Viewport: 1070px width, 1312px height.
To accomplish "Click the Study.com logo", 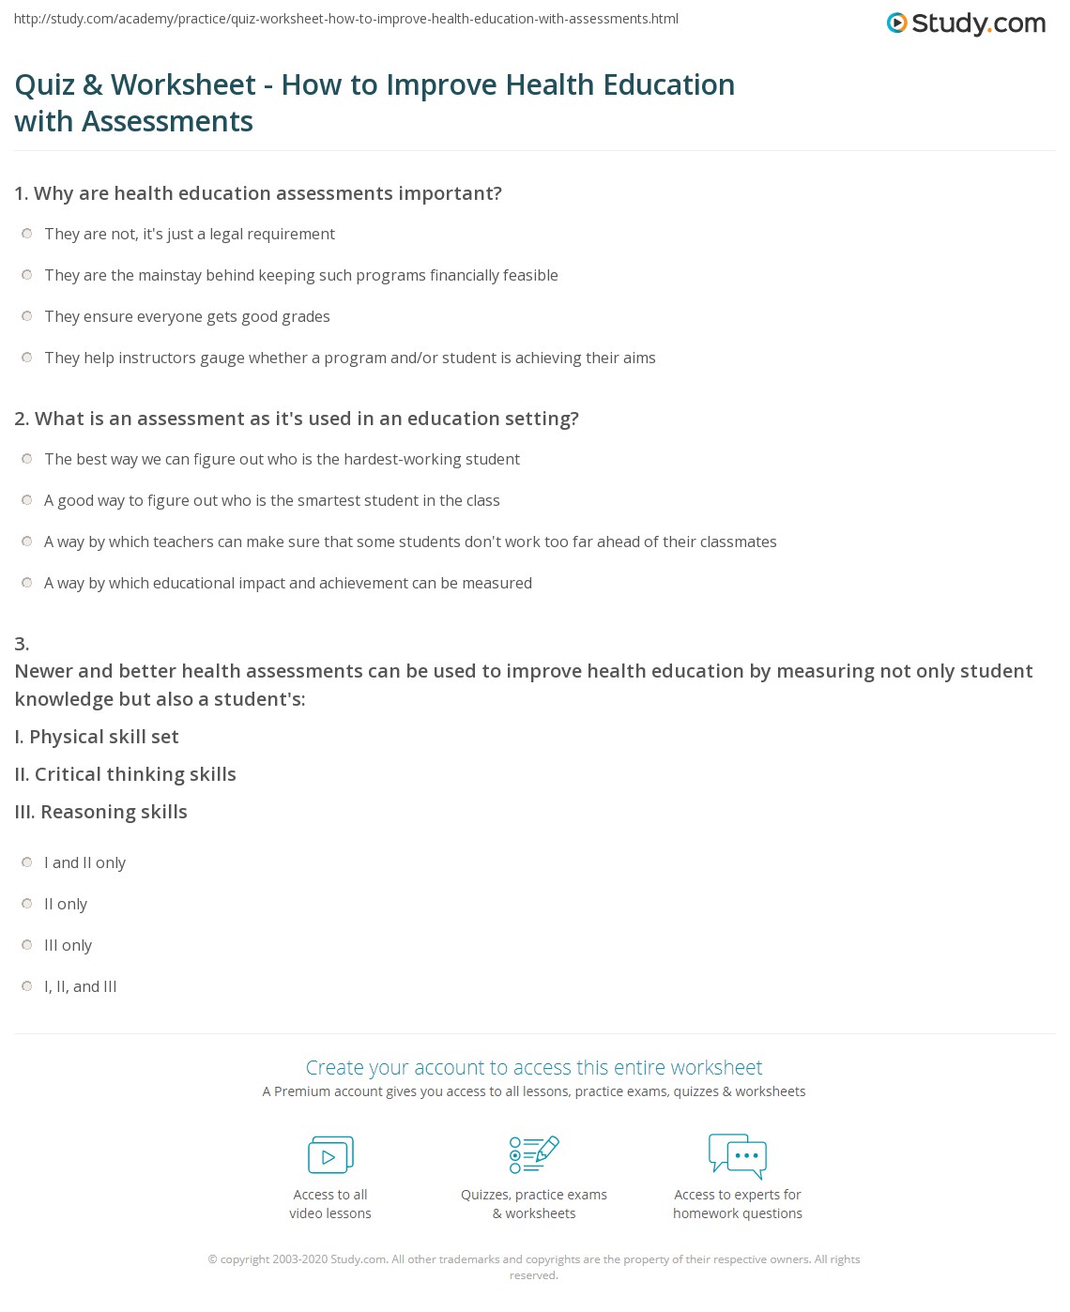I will coord(966,23).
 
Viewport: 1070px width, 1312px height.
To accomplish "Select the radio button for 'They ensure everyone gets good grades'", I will coord(27,316).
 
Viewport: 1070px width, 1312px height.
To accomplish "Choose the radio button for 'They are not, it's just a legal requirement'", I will coord(27,234).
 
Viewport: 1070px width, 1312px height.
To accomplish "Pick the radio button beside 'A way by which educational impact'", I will coord(27,583).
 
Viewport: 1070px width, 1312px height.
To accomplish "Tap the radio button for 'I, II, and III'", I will coord(27,986).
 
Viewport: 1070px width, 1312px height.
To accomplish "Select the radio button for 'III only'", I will coord(27,945).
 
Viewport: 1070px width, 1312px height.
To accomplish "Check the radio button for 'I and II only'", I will coord(27,862).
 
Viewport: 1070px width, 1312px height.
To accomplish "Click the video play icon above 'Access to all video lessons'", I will coord(330,1155).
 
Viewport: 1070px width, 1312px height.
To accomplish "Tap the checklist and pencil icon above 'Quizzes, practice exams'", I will coord(534,1154).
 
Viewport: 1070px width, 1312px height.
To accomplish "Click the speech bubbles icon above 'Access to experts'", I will coord(738,1155).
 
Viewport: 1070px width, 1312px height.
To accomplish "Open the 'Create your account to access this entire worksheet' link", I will coord(534,1067).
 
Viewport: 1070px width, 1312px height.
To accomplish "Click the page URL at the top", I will coord(346,19).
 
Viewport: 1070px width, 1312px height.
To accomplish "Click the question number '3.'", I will coord(22,644).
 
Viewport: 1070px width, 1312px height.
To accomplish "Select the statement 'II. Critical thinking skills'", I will coord(126,774).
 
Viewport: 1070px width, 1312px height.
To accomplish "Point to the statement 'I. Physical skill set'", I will coord(97,737).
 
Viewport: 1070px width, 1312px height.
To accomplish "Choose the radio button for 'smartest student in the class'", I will coord(27,500).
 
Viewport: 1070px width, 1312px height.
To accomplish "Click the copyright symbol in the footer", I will coord(212,1259).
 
